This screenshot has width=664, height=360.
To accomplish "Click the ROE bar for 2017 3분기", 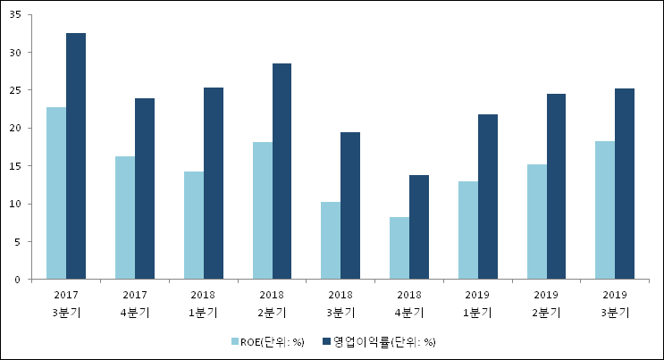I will [x=56, y=193].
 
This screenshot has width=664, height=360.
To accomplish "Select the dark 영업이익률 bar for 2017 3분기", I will [x=76, y=156].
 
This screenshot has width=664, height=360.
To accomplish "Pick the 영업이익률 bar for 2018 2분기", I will [x=282, y=172].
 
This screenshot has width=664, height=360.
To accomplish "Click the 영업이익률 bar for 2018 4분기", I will [x=419, y=227].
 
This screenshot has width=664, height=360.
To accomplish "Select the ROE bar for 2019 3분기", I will [x=605, y=210].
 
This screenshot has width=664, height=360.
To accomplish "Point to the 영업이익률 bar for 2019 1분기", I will [x=488, y=197].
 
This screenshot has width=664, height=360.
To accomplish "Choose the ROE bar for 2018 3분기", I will [x=331, y=240].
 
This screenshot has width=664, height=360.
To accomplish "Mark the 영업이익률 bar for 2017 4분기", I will [x=145, y=188].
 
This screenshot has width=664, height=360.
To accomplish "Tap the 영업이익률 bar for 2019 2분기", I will [x=556, y=187].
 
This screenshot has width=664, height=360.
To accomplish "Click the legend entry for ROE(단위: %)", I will [x=267, y=341].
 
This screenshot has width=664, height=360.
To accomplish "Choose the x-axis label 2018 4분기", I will [x=409, y=303].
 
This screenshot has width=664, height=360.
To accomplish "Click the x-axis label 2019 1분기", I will [x=478, y=303].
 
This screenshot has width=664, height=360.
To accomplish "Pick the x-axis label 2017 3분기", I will [x=66, y=303].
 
